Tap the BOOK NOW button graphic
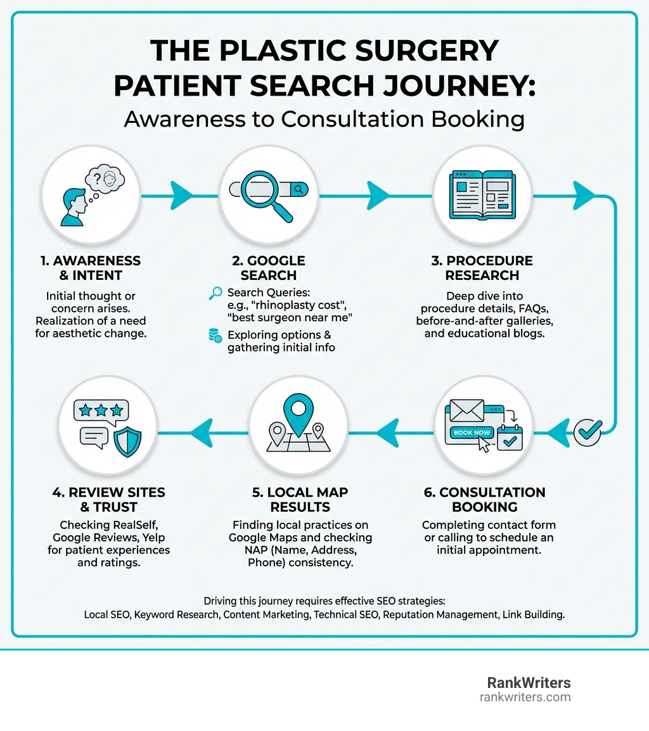(472, 432)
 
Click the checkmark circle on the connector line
(588, 433)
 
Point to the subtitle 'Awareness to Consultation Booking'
(324, 118)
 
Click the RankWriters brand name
(529, 683)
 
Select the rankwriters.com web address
(525, 697)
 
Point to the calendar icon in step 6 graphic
(510, 438)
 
